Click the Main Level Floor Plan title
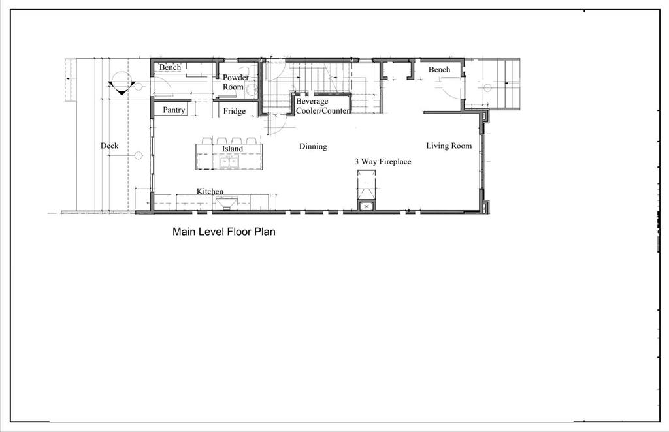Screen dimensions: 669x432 coord(223,232)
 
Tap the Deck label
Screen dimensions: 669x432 coord(110,146)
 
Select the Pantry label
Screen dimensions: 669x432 coord(174,110)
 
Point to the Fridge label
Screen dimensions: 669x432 coord(235,111)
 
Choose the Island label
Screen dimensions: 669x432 coord(232,149)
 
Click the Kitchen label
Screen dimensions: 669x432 coord(210,191)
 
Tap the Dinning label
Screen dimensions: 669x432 coord(313,147)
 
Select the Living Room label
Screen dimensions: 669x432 coord(449,146)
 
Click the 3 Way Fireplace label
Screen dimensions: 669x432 coord(383,161)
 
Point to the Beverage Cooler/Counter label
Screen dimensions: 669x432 coord(323,106)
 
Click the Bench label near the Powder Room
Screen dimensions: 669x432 coord(170,67)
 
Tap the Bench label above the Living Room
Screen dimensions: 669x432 coord(440,69)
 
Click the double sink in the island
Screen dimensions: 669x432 coord(229,162)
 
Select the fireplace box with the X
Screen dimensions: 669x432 coord(367,207)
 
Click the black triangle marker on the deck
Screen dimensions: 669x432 coord(122,87)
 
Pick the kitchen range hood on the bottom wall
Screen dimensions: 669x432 coord(226,204)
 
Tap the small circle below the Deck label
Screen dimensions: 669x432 coord(139,155)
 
